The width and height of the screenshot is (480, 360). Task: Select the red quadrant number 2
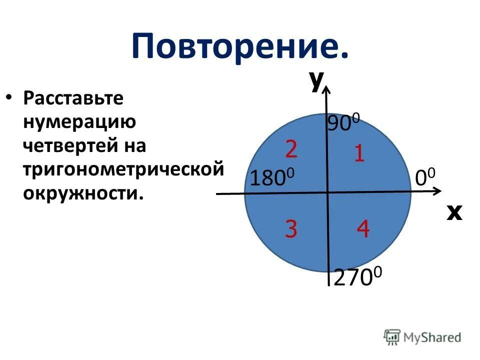(x=292, y=149)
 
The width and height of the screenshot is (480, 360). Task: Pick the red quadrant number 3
(x=291, y=229)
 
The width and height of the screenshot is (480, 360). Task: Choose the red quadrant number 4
(x=363, y=229)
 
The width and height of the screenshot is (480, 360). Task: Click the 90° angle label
(x=343, y=123)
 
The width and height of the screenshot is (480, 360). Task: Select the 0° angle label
(x=425, y=177)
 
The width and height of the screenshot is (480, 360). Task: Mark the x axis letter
(x=454, y=212)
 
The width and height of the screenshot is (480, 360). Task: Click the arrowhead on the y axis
(x=326, y=89)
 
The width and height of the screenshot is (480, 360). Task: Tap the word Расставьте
(x=72, y=98)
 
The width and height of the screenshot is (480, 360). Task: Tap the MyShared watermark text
(x=432, y=338)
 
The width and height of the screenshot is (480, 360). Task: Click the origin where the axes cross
(x=327, y=192)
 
